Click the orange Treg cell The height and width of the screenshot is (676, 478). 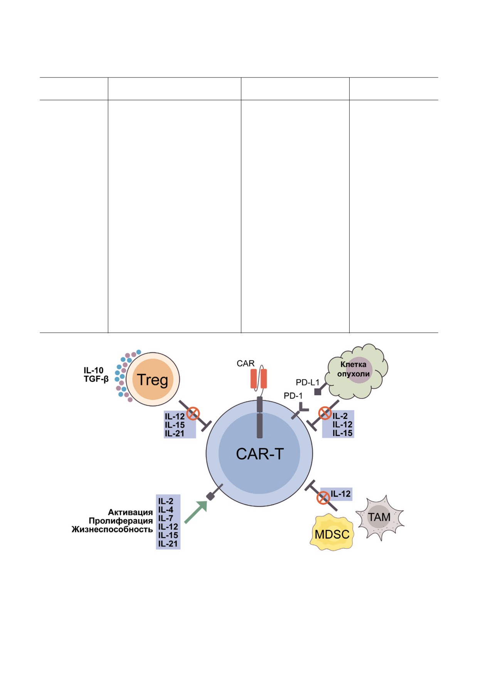click(x=153, y=379)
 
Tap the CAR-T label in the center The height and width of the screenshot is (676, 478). click(x=259, y=454)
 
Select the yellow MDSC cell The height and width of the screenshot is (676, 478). click(x=332, y=534)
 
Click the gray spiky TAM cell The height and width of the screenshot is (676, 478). click(x=379, y=517)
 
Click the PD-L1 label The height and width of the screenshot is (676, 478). click(x=307, y=382)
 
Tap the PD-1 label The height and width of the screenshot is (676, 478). click(x=293, y=395)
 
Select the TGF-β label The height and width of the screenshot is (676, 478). click(x=96, y=379)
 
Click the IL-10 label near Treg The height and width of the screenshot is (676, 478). click(x=93, y=370)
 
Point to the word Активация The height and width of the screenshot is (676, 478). click(x=130, y=512)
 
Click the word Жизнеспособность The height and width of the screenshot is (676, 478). click(x=112, y=530)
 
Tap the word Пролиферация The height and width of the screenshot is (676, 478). click(x=121, y=521)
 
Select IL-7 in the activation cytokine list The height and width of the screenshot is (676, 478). click(x=166, y=518)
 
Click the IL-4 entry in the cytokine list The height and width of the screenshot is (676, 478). click(x=166, y=510)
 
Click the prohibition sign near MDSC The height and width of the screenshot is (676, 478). click(x=323, y=498)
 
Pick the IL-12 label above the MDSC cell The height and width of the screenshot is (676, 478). click(x=341, y=494)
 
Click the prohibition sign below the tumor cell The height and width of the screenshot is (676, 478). click(x=325, y=414)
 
